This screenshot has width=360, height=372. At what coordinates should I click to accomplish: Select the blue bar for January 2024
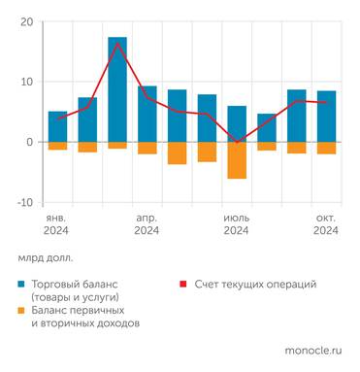pyautogui.click(x=58, y=126)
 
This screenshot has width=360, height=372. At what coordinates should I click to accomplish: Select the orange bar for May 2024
pyautogui.click(x=178, y=152)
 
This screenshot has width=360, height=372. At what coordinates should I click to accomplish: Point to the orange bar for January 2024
pyautogui.click(x=58, y=146)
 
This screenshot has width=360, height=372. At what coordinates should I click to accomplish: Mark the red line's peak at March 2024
pyautogui.click(x=117, y=44)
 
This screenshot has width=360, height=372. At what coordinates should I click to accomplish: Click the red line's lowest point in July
pyautogui.click(x=237, y=142)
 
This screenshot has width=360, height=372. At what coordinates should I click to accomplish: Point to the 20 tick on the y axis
pyautogui.click(x=25, y=21)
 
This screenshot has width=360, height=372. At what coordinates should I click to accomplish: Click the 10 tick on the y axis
pyautogui.click(x=25, y=82)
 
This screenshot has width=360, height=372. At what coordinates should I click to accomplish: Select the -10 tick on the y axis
pyautogui.click(x=22, y=202)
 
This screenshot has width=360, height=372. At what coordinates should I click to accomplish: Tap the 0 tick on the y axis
pyautogui.click(x=29, y=142)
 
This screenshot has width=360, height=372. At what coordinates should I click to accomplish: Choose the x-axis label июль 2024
pyautogui.click(x=237, y=223)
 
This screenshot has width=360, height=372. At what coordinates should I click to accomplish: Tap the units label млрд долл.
pyautogui.click(x=45, y=258)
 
